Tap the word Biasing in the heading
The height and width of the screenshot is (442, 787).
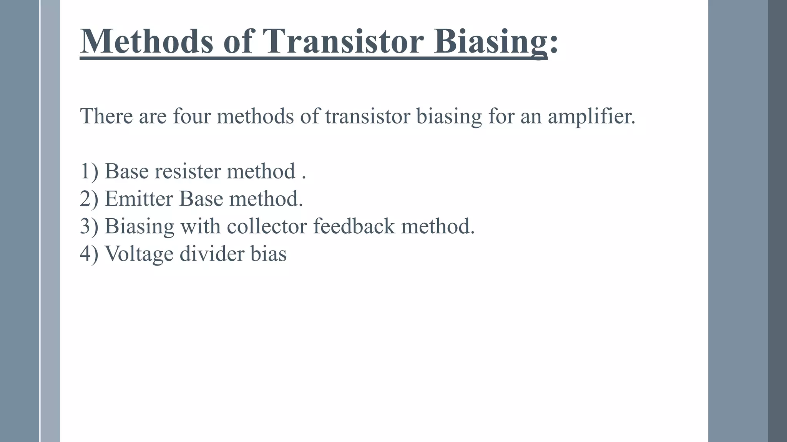(x=490, y=42)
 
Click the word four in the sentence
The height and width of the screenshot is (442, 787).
(x=192, y=116)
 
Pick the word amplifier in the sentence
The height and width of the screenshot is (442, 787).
(x=591, y=117)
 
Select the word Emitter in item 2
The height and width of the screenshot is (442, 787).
(x=139, y=199)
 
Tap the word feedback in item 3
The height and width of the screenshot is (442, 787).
(x=354, y=226)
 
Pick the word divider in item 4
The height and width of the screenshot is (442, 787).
(x=212, y=254)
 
